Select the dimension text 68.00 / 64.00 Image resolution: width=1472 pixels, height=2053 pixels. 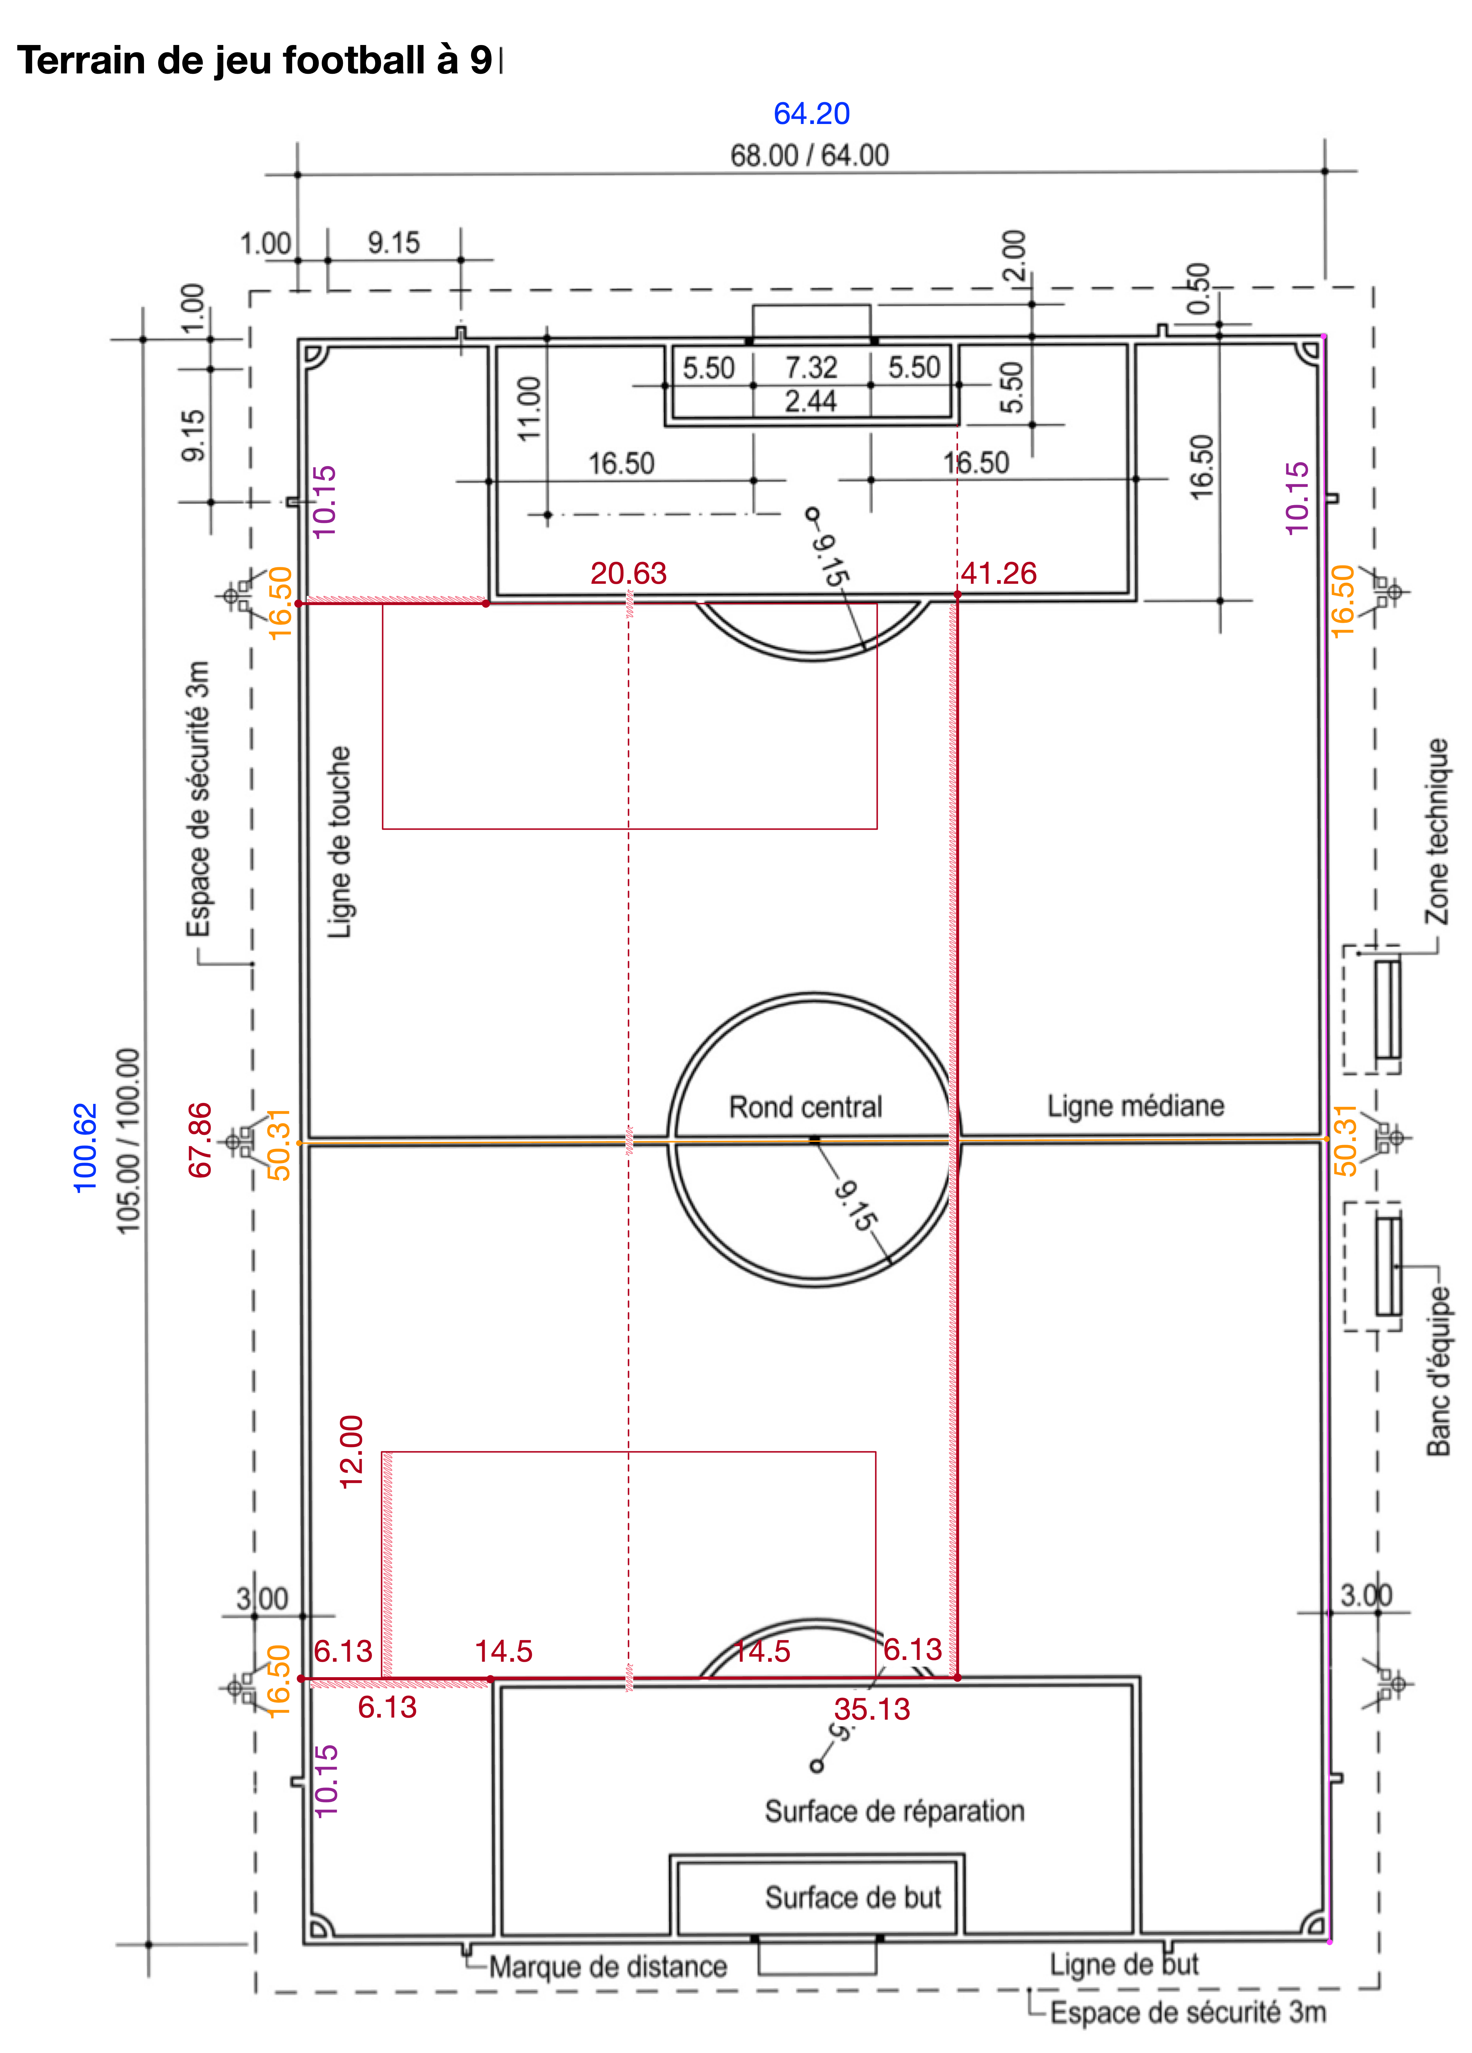click(x=809, y=156)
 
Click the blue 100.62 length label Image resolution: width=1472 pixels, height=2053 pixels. click(x=84, y=1148)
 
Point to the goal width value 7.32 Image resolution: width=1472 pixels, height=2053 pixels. click(x=811, y=367)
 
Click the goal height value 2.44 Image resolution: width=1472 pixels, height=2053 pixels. click(x=810, y=401)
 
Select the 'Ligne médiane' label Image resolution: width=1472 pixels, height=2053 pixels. click(x=1135, y=1105)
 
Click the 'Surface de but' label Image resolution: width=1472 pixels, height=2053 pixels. click(x=853, y=1897)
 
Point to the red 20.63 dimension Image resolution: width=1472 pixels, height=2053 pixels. click(x=628, y=573)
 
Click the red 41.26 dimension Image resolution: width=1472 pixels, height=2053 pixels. click(x=999, y=573)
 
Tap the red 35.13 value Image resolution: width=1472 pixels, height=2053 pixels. click(x=872, y=1709)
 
